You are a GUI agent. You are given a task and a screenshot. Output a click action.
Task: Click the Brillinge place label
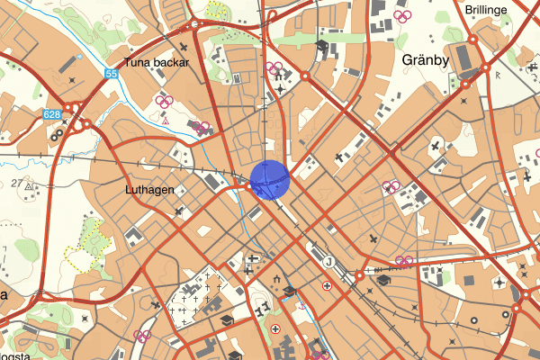pyautogui.click(x=487, y=10)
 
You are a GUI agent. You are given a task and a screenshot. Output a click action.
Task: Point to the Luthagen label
pyautogui.click(x=150, y=190)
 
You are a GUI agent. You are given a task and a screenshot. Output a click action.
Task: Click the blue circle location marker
pyautogui.click(x=269, y=178)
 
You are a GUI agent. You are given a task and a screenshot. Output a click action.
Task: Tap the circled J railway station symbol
pyautogui.click(x=328, y=261)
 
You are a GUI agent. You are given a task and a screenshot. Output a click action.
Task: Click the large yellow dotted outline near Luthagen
pyautogui.click(x=86, y=247)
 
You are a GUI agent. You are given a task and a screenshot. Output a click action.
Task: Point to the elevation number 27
pyautogui.click(x=16, y=183)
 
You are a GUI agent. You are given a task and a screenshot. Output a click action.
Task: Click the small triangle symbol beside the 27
pyautogui.click(x=30, y=186)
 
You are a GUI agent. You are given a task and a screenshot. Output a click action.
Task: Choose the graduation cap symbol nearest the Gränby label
pyautogui.click(x=322, y=46)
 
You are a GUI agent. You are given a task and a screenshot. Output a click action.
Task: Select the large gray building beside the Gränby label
pyautogui.click(x=464, y=59)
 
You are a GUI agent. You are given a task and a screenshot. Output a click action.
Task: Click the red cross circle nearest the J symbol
pyautogui.click(x=327, y=285)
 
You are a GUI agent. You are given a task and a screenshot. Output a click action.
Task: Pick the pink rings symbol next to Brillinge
pyautogui.click(x=402, y=15)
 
